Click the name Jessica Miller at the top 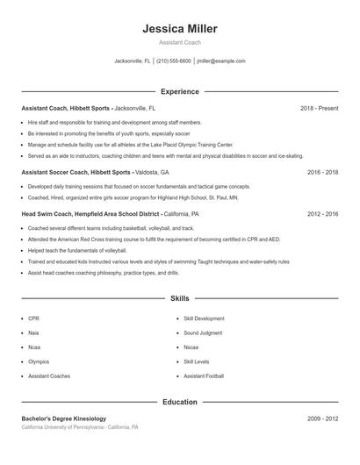pyautogui.click(x=179, y=29)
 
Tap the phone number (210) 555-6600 pyautogui.click(x=174, y=61)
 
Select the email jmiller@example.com pyautogui.click(x=221, y=61)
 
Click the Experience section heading pyautogui.click(x=179, y=91)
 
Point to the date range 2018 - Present pyautogui.click(x=319, y=108)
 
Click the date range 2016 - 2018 pyautogui.click(x=322, y=173)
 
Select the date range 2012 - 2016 pyautogui.click(x=322, y=213)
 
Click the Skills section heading pyautogui.click(x=179, y=298)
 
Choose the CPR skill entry pyautogui.click(x=33, y=318)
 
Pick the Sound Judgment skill pyautogui.click(x=203, y=333)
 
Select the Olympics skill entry pyautogui.click(x=39, y=361)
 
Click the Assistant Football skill pyautogui.click(x=205, y=376)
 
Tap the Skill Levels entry pyautogui.click(x=197, y=361)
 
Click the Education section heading pyautogui.click(x=179, y=402)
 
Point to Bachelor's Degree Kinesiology pyautogui.click(x=63, y=418)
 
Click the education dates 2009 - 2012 pyautogui.click(x=322, y=418)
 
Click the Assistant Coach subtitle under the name pyautogui.click(x=179, y=42)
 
